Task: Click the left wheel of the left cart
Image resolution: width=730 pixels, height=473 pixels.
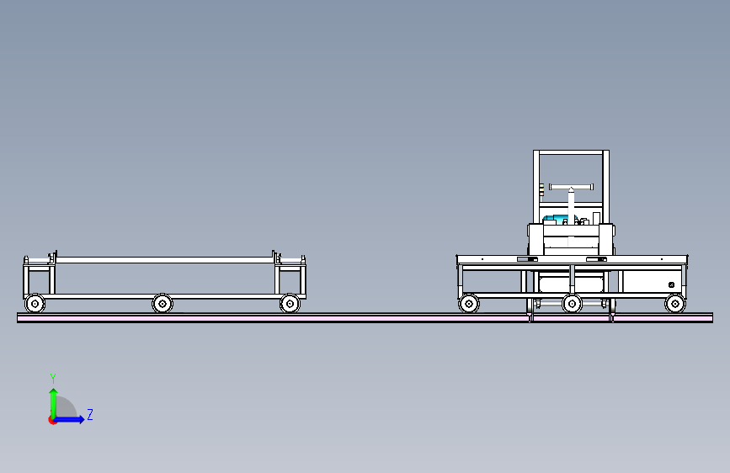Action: (x=35, y=304)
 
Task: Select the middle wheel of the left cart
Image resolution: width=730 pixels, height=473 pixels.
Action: (x=163, y=304)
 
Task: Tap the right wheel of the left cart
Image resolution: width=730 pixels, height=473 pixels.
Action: (x=290, y=304)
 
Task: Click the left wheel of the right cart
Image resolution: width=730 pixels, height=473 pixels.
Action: (x=469, y=304)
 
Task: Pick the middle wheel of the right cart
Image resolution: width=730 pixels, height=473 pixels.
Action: (x=573, y=304)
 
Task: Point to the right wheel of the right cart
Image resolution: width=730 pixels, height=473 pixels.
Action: (x=675, y=304)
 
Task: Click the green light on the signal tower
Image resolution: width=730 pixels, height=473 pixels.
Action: (x=541, y=186)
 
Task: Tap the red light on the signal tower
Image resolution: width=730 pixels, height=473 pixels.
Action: (x=541, y=194)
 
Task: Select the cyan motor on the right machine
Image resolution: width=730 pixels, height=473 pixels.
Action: (x=557, y=219)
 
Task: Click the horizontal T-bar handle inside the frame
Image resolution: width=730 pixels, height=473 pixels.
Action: (x=571, y=187)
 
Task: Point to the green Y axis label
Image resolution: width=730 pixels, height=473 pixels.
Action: (x=53, y=378)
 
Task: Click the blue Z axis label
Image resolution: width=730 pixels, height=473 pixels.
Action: (x=90, y=414)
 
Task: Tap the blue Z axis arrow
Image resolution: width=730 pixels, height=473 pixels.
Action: (x=70, y=419)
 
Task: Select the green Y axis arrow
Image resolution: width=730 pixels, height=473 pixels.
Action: (x=54, y=403)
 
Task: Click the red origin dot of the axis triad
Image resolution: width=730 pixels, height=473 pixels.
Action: (x=52, y=420)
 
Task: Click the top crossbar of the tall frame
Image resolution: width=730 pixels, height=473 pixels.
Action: (x=571, y=152)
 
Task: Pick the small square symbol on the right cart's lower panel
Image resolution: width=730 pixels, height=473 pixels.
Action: (x=671, y=285)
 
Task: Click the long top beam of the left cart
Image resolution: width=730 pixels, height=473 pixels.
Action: (x=164, y=260)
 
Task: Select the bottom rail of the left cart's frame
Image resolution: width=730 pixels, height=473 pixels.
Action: (x=165, y=296)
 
